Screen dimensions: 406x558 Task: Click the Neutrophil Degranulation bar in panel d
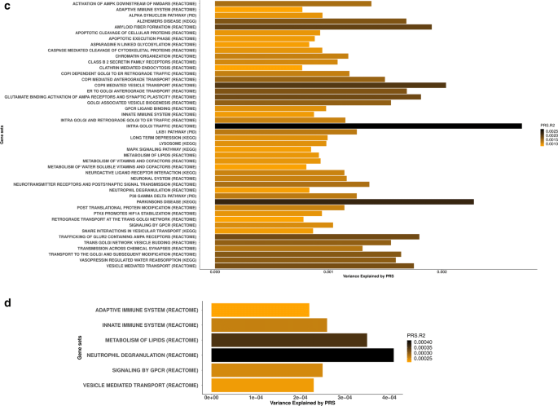click(302, 355)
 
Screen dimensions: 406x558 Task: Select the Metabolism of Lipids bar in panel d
click(289, 340)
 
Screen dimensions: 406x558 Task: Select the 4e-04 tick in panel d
click(389, 397)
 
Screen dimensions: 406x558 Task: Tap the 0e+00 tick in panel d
click(212, 397)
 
